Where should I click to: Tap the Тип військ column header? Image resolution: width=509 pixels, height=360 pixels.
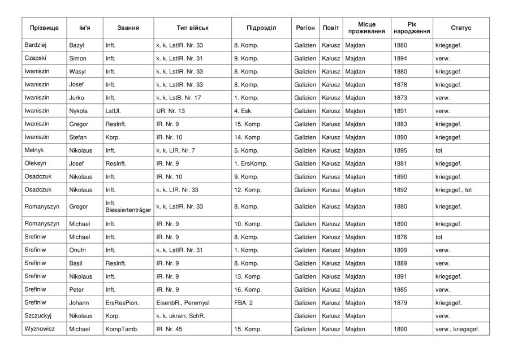click(192, 28)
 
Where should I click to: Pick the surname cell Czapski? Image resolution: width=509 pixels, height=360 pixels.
click(35, 58)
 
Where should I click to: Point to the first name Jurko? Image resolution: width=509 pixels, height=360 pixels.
click(76, 98)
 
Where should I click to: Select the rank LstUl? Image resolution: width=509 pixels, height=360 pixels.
click(113, 111)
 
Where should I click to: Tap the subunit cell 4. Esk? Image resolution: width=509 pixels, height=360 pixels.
click(244, 111)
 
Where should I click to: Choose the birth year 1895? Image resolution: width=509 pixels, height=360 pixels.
click(400, 150)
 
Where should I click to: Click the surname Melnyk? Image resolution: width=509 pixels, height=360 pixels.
click(34, 150)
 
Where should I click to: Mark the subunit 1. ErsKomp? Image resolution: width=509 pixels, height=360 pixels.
click(251, 163)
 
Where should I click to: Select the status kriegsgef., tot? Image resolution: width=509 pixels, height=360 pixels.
click(454, 190)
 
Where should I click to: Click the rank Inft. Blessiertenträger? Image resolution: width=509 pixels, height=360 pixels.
click(127, 207)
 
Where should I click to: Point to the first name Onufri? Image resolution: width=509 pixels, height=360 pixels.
click(78, 250)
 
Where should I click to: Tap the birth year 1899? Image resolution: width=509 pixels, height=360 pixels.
click(400, 250)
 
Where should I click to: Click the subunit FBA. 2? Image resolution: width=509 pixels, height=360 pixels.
click(243, 303)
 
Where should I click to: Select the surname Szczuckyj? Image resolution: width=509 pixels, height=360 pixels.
click(38, 316)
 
